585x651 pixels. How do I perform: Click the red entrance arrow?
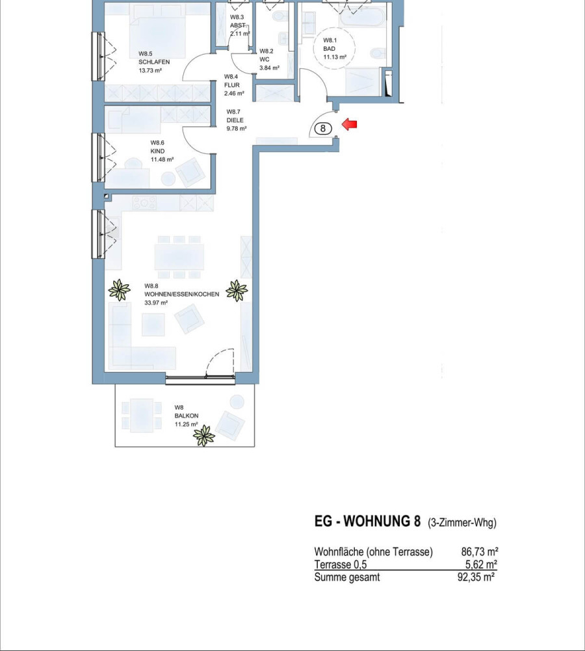(349, 124)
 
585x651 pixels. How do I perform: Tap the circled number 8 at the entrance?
(323, 129)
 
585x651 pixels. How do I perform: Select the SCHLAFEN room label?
(154, 62)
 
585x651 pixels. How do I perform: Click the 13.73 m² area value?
(150, 71)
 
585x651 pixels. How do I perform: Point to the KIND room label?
(157, 151)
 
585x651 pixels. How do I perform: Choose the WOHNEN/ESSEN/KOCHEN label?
(182, 295)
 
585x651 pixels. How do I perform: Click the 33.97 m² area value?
(156, 303)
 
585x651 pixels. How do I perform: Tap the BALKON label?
(187, 416)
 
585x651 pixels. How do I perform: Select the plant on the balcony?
(204, 436)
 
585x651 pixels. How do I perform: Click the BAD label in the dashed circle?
(330, 49)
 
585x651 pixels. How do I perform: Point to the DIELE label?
(235, 120)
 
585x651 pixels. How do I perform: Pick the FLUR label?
(232, 85)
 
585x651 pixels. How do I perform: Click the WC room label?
(265, 59)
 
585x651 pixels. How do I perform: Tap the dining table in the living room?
(179, 258)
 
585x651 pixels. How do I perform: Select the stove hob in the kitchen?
(144, 204)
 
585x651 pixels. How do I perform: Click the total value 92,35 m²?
(476, 577)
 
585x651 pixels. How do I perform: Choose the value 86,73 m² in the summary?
(480, 551)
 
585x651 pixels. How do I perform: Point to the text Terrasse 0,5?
(341, 565)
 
